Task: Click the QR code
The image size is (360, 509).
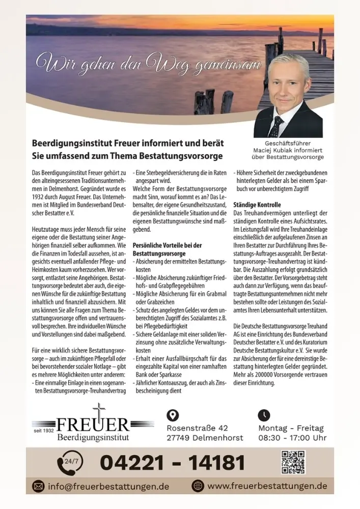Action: click(293, 462)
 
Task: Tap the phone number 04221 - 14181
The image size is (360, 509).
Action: click(172, 463)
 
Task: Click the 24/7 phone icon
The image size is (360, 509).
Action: click(70, 462)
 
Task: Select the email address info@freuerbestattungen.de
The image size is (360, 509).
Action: click(108, 486)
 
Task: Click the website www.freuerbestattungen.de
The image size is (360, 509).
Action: click(267, 486)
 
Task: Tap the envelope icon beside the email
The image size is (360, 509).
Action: click(39, 486)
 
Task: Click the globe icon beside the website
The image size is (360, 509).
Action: click(198, 486)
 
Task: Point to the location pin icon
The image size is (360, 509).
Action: click(173, 415)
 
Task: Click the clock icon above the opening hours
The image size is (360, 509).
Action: click(264, 415)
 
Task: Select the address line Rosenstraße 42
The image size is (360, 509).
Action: click(197, 428)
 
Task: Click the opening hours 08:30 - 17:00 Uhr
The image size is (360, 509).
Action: click(292, 438)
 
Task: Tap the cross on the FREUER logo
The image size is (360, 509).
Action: click(99, 411)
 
